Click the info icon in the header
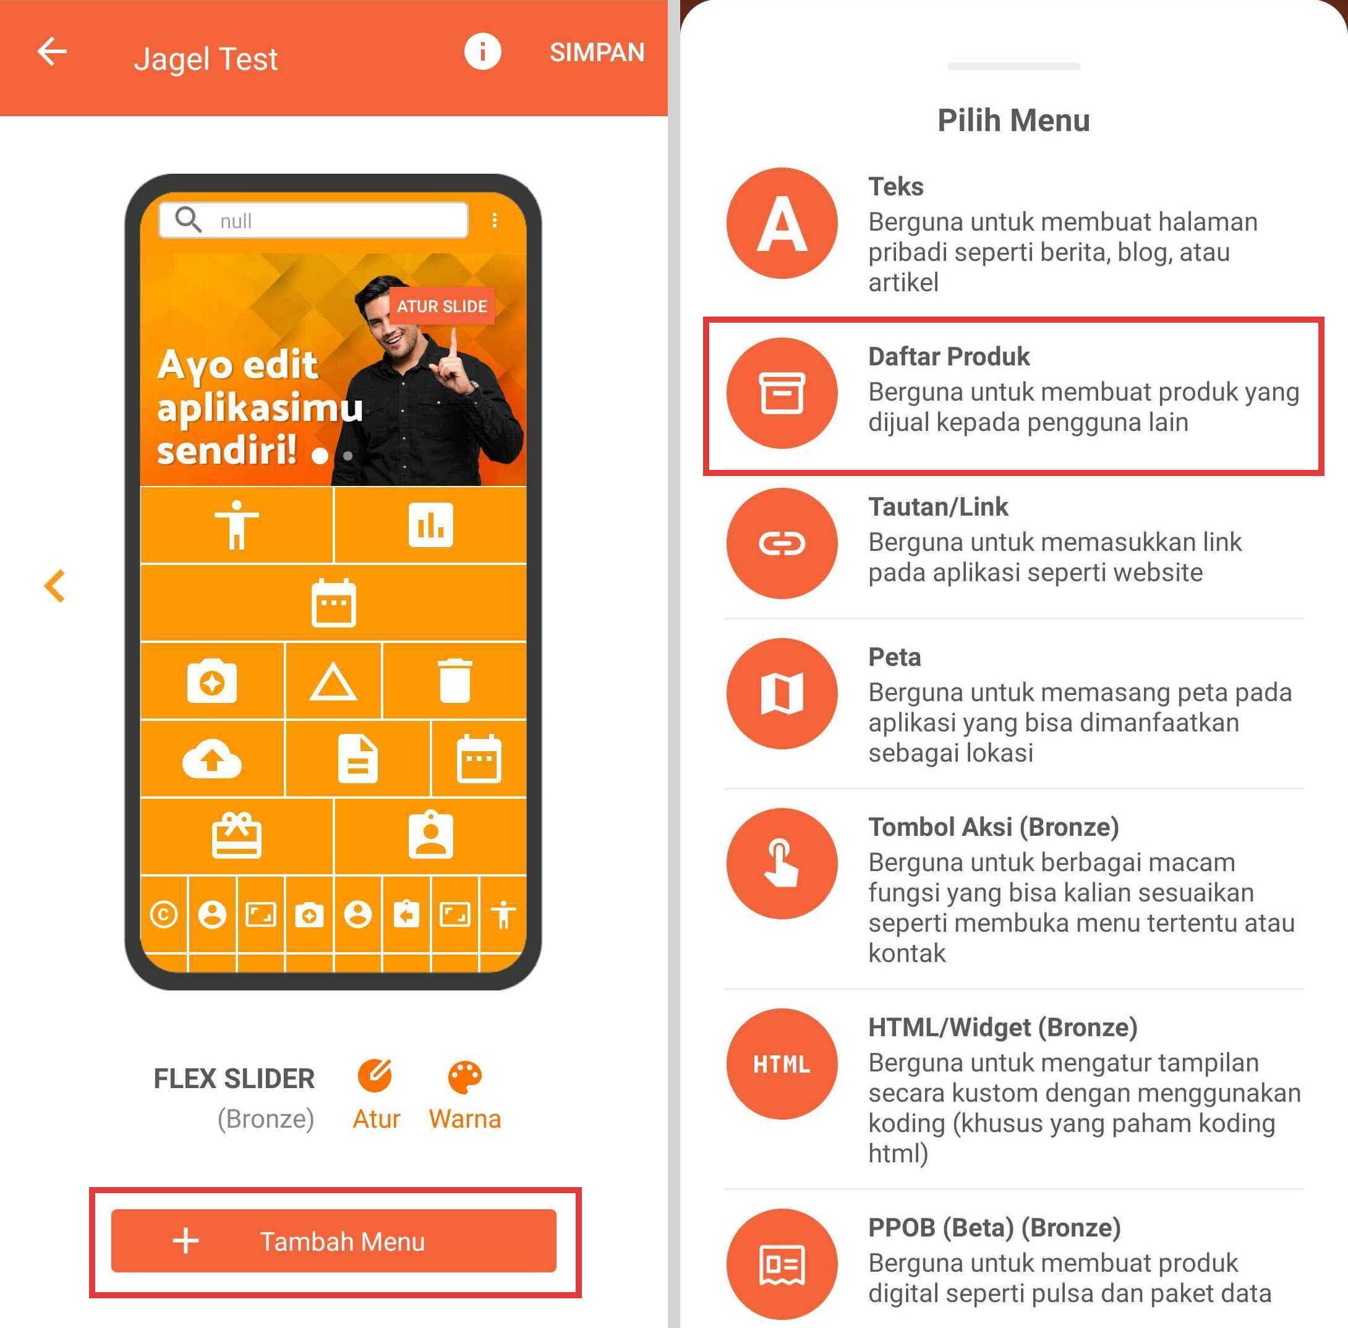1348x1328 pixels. click(x=482, y=51)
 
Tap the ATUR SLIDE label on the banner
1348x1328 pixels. click(x=442, y=306)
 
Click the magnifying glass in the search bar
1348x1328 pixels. click(x=188, y=219)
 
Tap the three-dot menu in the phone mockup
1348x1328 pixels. click(x=494, y=220)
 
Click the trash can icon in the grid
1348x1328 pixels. click(x=454, y=680)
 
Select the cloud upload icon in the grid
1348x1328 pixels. click(x=212, y=759)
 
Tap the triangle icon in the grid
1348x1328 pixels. click(x=333, y=681)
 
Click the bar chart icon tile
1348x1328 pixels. click(x=430, y=524)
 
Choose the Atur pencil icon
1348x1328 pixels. click(x=375, y=1076)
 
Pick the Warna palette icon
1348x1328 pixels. click(x=464, y=1078)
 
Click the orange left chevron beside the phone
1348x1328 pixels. click(x=54, y=585)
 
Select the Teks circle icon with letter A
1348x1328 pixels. click(x=782, y=223)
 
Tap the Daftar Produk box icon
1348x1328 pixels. click(x=782, y=393)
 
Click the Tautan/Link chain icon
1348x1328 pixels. click(x=782, y=543)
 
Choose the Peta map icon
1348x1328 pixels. click(x=782, y=693)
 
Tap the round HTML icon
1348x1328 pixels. click(x=782, y=1063)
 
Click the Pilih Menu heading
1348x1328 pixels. click(x=1013, y=120)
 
